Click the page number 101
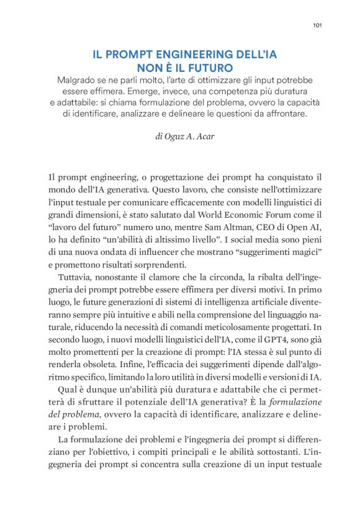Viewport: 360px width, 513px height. click(x=317, y=25)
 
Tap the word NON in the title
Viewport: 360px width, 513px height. click(x=149, y=68)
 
